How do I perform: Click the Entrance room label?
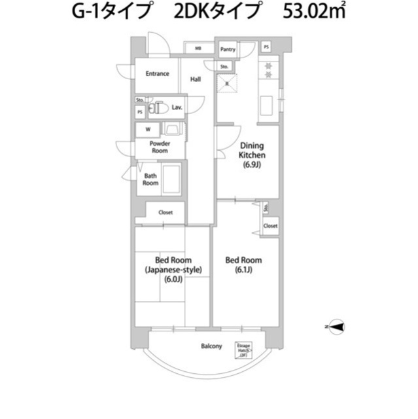[157, 74]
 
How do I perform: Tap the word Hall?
[195, 80]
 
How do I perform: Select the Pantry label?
[228, 49]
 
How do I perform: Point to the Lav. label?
[177, 107]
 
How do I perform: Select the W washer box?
[147, 129]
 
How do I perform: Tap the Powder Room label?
[159, 147]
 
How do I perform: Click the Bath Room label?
[150, 179]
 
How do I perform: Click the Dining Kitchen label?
[251, 151]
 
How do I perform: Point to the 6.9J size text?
[251, 165]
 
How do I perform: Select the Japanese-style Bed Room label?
[173, 270]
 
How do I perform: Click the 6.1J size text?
[243, 270]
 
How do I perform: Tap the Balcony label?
[211, 346]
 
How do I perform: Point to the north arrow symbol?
[336, 326]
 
